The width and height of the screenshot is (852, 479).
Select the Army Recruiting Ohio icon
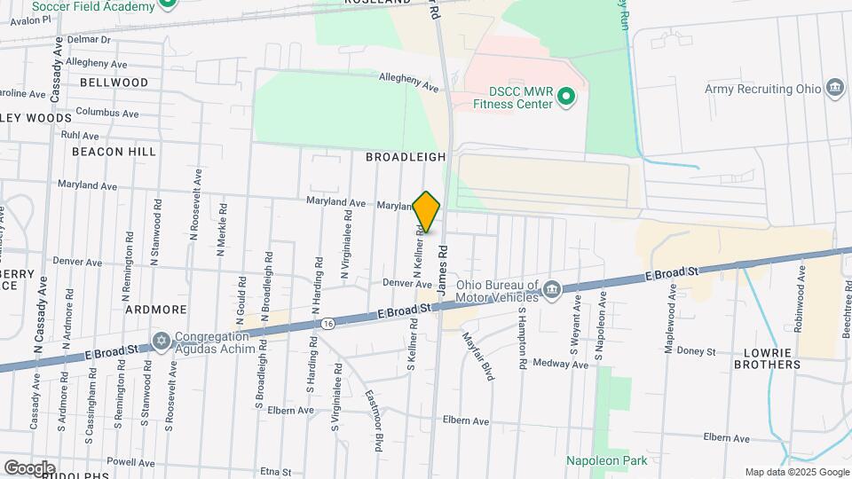point(833,89)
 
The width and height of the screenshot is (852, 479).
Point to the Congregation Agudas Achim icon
point(162,342)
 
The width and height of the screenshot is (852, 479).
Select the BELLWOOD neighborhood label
point(114,82)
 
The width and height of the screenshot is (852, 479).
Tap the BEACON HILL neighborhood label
point(114,152)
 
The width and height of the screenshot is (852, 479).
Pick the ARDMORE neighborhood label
point(155,310)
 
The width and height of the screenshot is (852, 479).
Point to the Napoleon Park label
point(607,460)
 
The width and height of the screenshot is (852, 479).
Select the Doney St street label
point(697,352)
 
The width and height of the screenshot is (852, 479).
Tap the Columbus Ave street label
point(106,114)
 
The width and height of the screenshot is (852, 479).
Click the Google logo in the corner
point(29,467)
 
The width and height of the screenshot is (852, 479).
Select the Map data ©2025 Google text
point(796,472)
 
